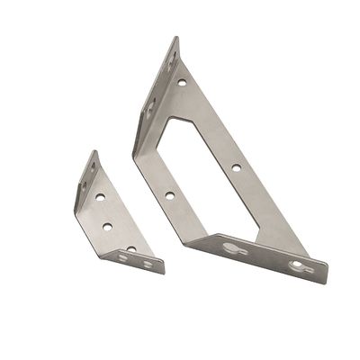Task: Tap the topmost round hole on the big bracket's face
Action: pyautogui.click(x=182, y=82)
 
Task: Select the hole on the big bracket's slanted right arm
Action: pyautogui.click(x=235, y=166)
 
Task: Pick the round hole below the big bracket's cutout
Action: pyautogui.click(x=169, y=194)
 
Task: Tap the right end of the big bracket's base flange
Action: pyautogui.click(x=326, y=270)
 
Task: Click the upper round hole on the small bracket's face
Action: pyautogui.click(x=101, y=195)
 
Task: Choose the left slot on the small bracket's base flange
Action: pyautogui.click(x=123, y=256)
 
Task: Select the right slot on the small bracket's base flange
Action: pyautogui.click(x=148, y=264)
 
